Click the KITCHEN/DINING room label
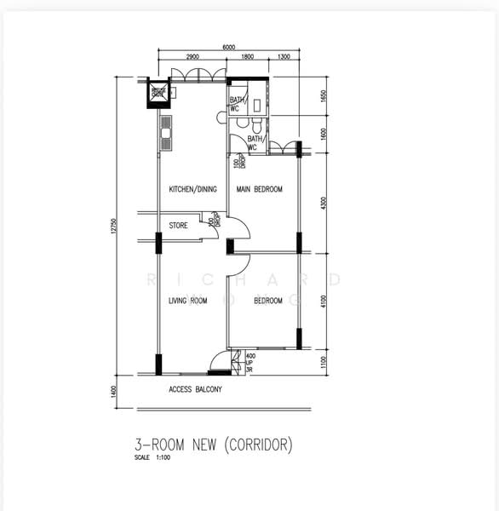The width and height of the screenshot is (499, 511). [192, 189]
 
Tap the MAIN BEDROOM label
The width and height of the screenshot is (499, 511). [259, 189]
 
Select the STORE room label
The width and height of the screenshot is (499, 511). [178, 226]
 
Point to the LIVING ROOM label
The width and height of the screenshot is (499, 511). [188, 301]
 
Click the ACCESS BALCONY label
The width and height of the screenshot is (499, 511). [195, 390]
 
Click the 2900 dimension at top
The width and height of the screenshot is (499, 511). [193, 57]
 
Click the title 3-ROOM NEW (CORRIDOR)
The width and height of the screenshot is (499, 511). [214, 444]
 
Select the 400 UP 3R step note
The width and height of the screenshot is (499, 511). [250, 363]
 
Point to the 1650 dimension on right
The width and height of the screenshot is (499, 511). [323, 95]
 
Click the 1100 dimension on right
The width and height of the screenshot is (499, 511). [323, 362]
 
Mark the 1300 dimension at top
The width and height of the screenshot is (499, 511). [283, 57]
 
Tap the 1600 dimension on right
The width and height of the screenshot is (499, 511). [323, 135]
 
